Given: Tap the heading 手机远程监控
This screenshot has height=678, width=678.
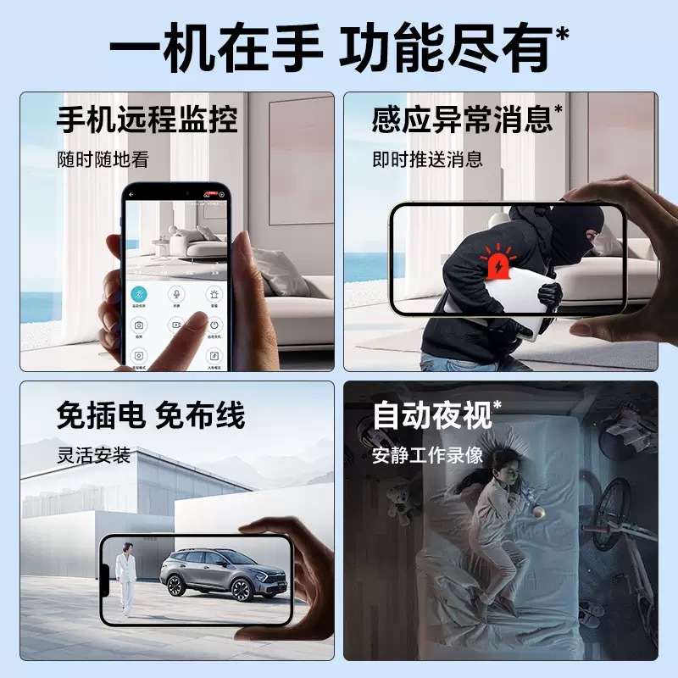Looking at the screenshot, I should tap(147, 119).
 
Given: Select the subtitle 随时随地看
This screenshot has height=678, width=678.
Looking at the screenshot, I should tap(103, 158).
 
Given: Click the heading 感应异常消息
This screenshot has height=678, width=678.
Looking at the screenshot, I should tap(462, 119).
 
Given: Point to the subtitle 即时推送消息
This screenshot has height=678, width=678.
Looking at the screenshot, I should tap(427, 158).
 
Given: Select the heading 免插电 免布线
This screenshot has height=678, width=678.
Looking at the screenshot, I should tap(151, 416).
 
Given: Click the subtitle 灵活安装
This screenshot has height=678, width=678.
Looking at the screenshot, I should tap(93, 455).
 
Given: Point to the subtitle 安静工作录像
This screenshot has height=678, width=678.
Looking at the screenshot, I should tap(427, 455).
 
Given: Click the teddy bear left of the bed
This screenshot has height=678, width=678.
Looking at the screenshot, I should tap(398, 504).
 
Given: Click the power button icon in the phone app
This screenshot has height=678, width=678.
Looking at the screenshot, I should tap(214, 324).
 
